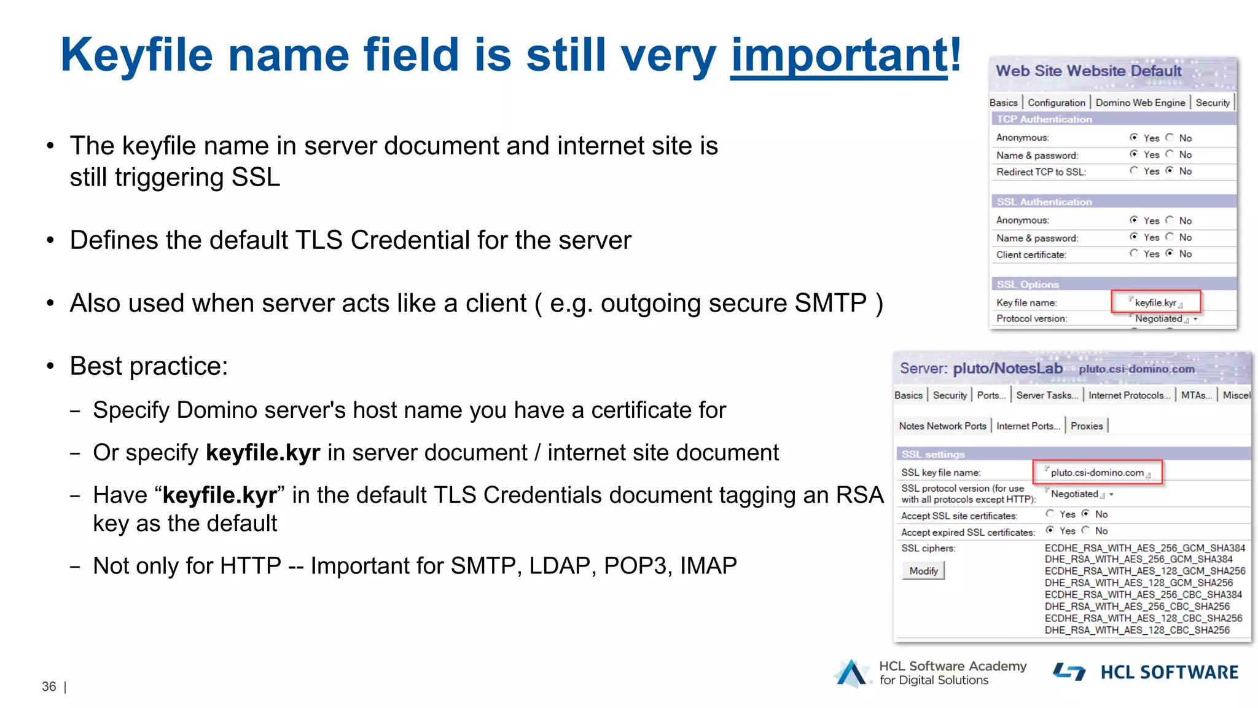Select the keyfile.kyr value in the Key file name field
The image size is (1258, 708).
click(1155, 302)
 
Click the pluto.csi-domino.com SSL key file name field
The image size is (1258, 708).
click(1097, 473)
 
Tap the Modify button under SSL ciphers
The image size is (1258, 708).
click(923, 571)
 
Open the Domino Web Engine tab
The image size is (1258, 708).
click(1140, 103)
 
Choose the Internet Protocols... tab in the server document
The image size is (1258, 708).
click(1129, 395)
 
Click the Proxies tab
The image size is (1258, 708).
click(1087, 426)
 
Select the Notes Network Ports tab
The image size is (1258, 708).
click(942, 426)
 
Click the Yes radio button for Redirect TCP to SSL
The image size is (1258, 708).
click(1134, 171)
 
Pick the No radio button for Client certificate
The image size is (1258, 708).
click(1170, 253)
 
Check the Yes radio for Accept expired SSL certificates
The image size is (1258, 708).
click(1050, 530)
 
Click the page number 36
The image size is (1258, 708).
click(49, 686)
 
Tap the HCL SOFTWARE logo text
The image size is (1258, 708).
click(1169, 672)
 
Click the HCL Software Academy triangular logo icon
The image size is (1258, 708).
click(851, 673)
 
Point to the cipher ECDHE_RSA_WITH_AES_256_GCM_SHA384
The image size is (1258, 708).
click(1145, 548)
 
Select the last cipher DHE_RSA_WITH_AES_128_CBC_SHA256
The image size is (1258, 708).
click(1137, 630)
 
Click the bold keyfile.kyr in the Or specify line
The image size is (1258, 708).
click(263, 453)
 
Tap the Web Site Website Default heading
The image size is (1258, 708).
click(1088, 71)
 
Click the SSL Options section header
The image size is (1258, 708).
click(1028, 285)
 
